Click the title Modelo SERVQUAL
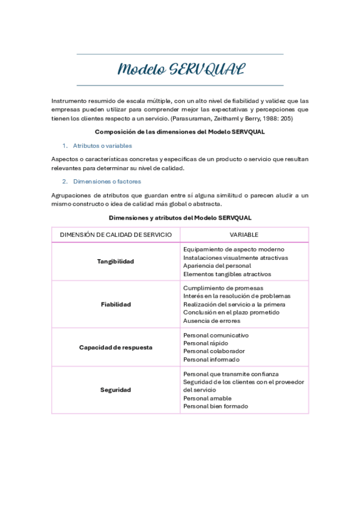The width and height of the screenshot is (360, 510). coord(180,69)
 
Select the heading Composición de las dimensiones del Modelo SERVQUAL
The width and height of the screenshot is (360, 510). coord(180,132)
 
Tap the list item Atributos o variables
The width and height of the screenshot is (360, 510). coord(102,146)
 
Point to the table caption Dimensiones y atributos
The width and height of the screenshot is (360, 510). coord(180,217)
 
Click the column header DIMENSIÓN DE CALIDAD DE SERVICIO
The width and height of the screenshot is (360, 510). coord(116,235)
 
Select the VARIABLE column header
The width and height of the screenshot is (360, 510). coord(244,235)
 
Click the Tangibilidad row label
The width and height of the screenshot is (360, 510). coord(115,262)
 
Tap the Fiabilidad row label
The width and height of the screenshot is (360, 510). coord(115,304)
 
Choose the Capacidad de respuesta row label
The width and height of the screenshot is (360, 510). coord(115,347)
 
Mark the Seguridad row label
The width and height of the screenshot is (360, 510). coord(115,390)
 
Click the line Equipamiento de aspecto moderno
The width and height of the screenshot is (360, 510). coord(234,249)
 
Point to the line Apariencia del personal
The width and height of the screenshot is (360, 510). coord(217,266)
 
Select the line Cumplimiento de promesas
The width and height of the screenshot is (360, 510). coord(223,288)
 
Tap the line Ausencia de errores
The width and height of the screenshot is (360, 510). coord(212,321)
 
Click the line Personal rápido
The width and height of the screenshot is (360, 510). coord(206,343)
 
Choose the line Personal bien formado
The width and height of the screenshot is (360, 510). coord(215,407)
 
